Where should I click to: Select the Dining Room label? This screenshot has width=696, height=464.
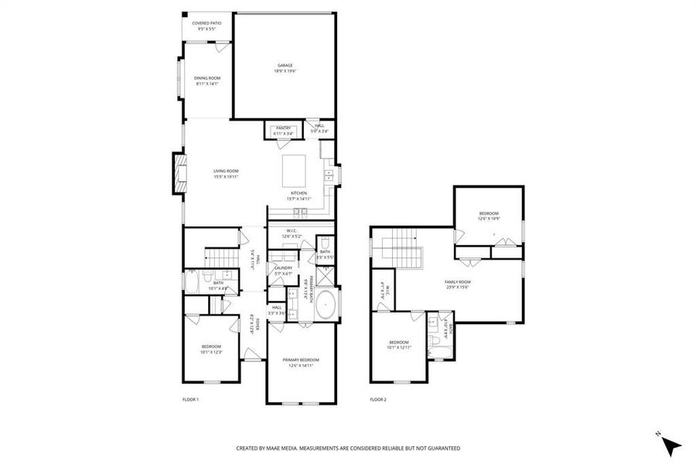coord(206,80)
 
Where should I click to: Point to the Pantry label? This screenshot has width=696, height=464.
coord(284,131)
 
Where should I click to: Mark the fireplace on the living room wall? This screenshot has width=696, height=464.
coord(179,174)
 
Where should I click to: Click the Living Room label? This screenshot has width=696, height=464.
coord(226,174)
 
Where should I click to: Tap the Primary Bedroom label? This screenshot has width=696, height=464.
coord(301,363)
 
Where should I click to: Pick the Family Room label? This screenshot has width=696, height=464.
coord(457,285)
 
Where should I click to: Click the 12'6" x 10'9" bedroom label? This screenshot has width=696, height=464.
coord(488,216)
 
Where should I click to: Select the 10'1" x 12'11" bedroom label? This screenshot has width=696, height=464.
coord(399,345)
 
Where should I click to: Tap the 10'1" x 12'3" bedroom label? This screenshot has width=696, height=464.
coord(211,349)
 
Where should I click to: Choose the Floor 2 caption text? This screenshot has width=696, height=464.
coord(377,400)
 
